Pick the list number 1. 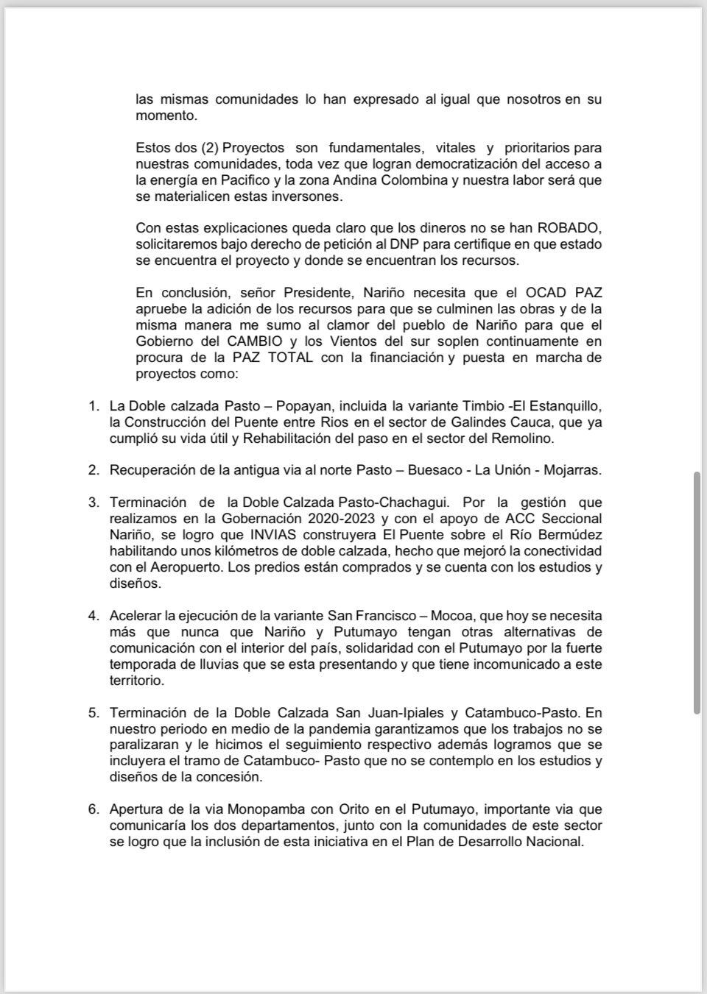[94, 406]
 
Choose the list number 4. [94, 616]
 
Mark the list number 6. [94, 809]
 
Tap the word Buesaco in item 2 [412, 470]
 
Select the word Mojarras [575, 470]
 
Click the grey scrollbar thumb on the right [697, 592]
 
